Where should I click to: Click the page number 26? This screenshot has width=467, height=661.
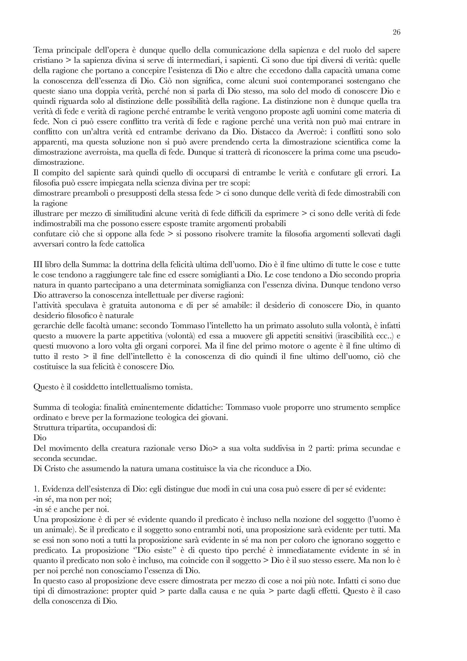point(396,32)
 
